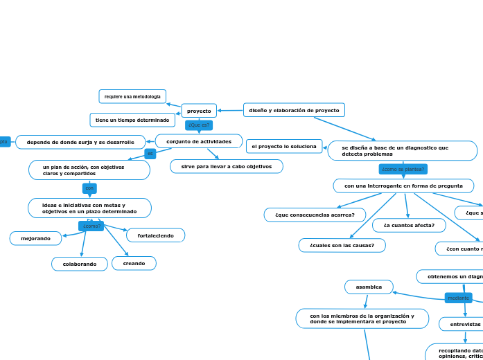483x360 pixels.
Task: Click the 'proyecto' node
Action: click(199, 111)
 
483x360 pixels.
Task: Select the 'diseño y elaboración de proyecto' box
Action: click(294, 110)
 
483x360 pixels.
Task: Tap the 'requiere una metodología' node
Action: click(132, 96)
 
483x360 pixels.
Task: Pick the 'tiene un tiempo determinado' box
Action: click(132, 120)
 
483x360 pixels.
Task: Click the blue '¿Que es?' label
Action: click(199, 125)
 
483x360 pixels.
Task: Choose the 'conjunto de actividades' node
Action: click(199, 141)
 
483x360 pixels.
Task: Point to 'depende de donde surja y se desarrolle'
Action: click(80, 142)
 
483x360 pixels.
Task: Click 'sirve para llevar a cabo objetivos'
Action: click(227, 166)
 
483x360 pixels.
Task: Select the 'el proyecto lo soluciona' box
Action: click(284, 146)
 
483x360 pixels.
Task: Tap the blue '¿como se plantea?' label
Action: click(403, 169)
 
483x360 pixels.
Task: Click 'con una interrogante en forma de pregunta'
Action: click(403, 186)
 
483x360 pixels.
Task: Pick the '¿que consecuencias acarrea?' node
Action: click(315, 215)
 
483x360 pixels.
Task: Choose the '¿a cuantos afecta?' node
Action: click(409, 225)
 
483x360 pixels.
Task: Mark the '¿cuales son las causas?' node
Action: click(342, 245)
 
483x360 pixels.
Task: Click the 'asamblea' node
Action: click(369, 287)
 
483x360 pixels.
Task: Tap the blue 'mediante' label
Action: click(458, 298)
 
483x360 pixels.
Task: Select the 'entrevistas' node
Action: click(464, 324)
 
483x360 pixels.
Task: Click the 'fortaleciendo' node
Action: click(156, 235)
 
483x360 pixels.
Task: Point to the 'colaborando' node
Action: click(80, 264)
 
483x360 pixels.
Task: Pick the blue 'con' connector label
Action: click(89, 188)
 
